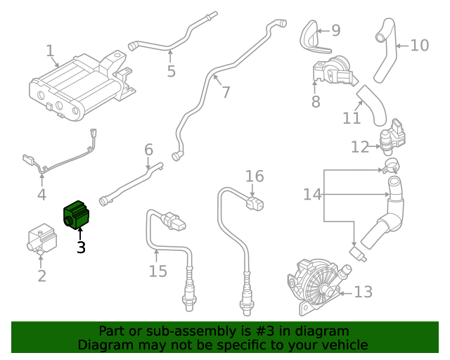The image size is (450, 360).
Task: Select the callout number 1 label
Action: [x=50, y=51]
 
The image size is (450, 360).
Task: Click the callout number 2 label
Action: [x=41, y=276]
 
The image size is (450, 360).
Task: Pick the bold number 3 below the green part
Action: [x=81, y=247]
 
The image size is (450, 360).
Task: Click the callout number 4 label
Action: [x=41, y=195]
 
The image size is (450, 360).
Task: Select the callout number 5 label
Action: [x=171, y=71]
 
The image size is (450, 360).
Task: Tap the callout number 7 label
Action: [x=225, y=92]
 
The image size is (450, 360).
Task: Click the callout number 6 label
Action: [x=148, y=150]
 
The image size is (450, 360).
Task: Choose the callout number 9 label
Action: [x=335, y=30]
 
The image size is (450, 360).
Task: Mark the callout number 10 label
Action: [x=419, y=46]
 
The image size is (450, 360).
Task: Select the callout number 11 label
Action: [x=352, y=117]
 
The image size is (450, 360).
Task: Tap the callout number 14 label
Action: [x=312, y=193]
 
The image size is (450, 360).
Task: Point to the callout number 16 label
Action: [x=254, y=176]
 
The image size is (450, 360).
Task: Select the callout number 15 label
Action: [x=158, y=270]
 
